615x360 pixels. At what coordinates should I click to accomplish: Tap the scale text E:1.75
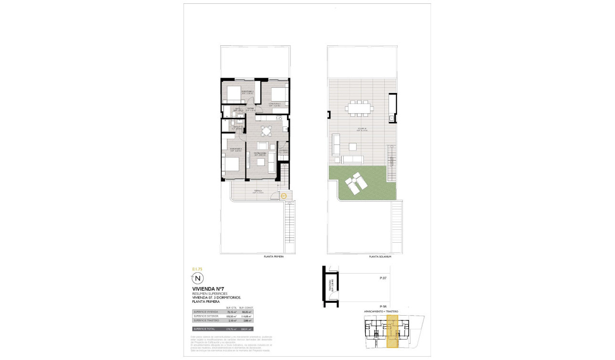pos(197,269)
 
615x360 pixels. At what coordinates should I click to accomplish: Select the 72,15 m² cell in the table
pos(232,312)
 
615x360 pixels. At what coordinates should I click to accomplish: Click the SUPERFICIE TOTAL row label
pos(204,329)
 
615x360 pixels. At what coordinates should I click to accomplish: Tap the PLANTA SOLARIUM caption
pos(380,257)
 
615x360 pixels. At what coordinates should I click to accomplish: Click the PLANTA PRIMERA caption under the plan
pos(274,257)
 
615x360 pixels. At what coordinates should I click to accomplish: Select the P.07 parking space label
pos(382,278)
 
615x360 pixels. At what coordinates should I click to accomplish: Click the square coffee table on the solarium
pos(353,146)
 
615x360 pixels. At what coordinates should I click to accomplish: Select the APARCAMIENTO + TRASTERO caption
pos(381,311)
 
